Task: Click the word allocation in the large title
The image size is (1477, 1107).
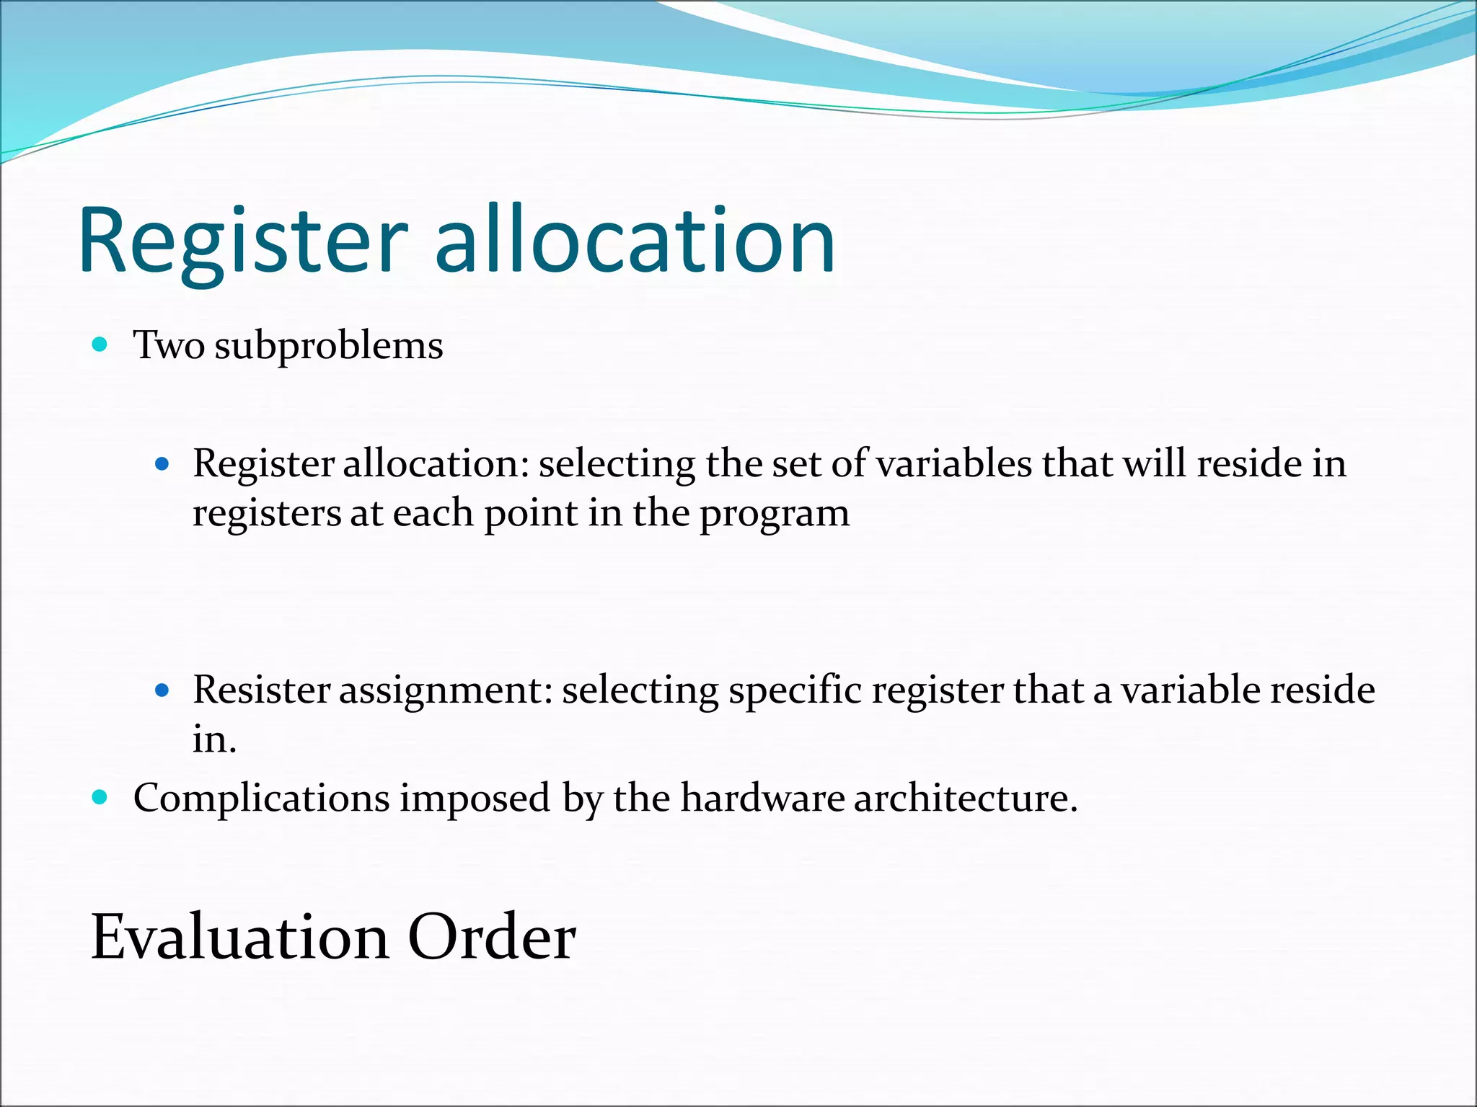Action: tap(635, 241)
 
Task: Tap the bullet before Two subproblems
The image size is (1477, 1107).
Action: tap(100, 344)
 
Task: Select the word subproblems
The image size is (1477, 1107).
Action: tap(329, 346)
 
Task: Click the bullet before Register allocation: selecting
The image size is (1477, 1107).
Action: tap(162, 464)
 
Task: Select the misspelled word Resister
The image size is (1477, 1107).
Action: tap(261, 690)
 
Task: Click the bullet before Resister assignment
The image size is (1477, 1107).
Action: tap(162, 690)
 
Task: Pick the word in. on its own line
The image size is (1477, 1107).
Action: tap(214, 739)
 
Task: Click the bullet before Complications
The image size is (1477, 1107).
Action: tap(100, 797)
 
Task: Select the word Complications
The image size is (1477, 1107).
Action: tap(261, 799)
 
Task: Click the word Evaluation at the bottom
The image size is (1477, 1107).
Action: tap(240, 937)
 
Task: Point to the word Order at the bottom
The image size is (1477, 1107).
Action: tap(492, 937)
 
